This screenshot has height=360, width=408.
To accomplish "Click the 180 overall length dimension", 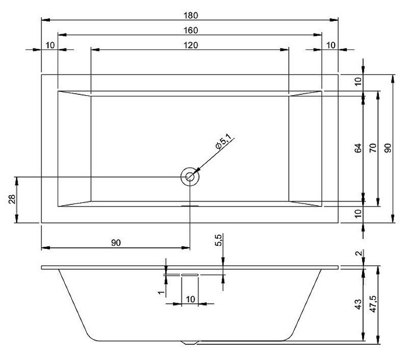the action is pyautogui.click(x=191, y=16).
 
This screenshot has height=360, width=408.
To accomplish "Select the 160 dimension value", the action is pyautogui.click(x=191, y=31).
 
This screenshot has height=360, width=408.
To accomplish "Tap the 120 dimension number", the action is pyautogui.click(x=191, y=45).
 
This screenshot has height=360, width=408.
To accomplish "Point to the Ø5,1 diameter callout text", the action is pyautogui.click(x=223, y=142).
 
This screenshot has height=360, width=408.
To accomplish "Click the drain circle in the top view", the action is pyautogui.click(x=190, y=177).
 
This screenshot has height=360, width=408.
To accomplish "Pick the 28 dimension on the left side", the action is pyautogui.click(x=12, y=199).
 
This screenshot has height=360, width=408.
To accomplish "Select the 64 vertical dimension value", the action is pyautogui.click(x=359, y=148).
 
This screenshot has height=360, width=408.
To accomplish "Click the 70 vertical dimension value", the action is pyautogui.click(x=373, y=148).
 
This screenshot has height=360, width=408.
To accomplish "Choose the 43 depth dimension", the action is pyautogui.click(x=359, y=304).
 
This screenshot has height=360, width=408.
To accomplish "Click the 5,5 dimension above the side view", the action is pyautogui.click(x=218, y=240).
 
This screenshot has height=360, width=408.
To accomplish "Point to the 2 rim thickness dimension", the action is pyautogui.click(x=359, y=253).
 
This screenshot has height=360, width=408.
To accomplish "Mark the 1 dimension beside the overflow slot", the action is pyautogui.click(x=162, y=292).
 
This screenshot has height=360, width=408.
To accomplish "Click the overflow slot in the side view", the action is pyautogui.click(x=190, y=275).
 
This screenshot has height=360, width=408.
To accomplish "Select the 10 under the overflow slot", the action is pyautogui.click(x=190, y=299).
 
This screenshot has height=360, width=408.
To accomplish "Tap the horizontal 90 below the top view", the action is pyautogui.click(x=116, y=243).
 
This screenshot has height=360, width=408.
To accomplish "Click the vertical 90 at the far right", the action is pyautogui.click(x=388, y=148).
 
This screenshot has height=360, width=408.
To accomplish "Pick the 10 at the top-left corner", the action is pyautogui.click(x=50, y=45).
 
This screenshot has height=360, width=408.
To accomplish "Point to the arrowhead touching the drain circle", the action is pyautogui.click(x=195, y=172).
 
